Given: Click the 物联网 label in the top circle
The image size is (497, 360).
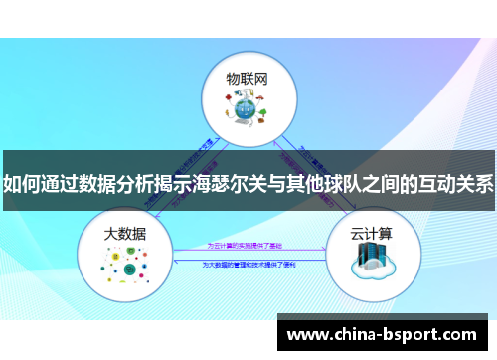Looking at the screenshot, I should click(x=248, y=77).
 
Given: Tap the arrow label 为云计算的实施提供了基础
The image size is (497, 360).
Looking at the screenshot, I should click(x=248, y=246).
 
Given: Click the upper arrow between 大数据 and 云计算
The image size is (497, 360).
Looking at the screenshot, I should click(x=248, y=251).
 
